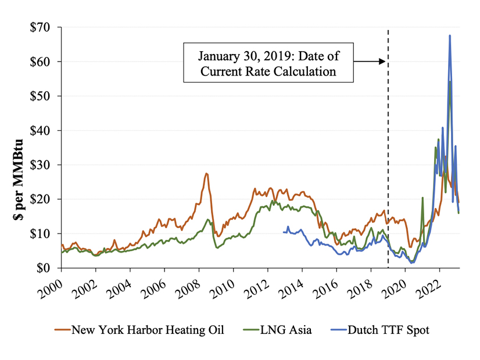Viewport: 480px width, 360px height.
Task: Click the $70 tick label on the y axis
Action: [x=40, y=27]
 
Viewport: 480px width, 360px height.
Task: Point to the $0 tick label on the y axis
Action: [x=42, y=268]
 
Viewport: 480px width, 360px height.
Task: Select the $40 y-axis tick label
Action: [x=40, y=131]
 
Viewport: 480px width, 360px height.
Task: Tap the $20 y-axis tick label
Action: [x=40, y=199]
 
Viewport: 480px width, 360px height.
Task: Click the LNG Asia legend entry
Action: [x=280, y=330]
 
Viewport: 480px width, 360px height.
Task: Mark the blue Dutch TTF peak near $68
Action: [x=450, y=36]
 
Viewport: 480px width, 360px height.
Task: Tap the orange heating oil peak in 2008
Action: [x=206, y=174]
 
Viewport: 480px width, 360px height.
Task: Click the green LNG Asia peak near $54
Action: [x=449, y=82]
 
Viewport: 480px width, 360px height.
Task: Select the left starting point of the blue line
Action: [x=283, y=232]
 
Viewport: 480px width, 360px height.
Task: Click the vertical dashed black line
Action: [x=388, y=145]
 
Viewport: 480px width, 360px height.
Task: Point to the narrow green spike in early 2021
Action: [x=422, y=198]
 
